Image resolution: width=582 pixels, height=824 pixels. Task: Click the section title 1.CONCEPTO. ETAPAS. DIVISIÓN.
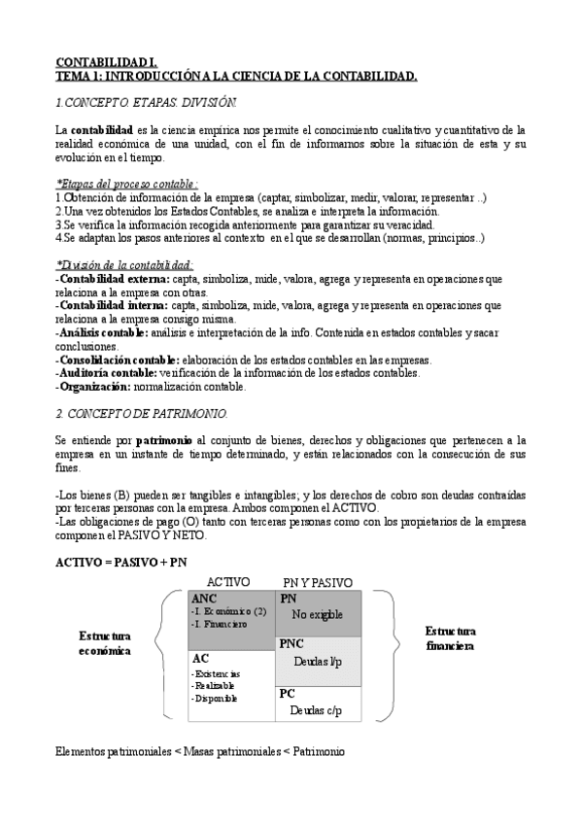click(146, 102)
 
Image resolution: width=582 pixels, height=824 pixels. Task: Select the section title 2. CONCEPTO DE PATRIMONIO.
click(142, 413)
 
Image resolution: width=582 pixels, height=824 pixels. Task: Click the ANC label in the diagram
click(204, 600)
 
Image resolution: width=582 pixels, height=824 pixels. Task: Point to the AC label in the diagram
click(199, 658)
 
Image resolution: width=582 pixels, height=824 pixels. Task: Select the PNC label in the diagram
click(292, 643)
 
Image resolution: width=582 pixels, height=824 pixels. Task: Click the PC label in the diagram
click(287, 694)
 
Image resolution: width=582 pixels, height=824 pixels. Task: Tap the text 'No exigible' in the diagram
click(317, 614)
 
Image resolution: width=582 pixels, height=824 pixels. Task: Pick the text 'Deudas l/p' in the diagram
click(318, 661)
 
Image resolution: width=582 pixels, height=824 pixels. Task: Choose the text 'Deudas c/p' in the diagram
click(316, 710)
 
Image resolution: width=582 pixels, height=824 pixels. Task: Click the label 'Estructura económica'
click(105, 643)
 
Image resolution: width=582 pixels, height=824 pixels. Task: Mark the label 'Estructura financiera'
click(450, 637)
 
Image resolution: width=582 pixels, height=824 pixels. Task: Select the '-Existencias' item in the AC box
click(217, 672)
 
